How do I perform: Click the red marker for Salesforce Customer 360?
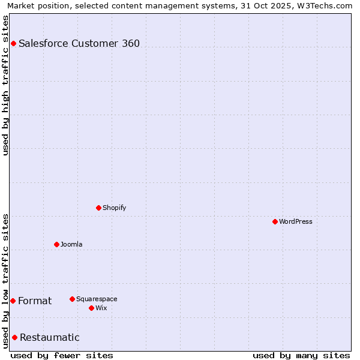tap(13, 43)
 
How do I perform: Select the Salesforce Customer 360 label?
tap(79, 43)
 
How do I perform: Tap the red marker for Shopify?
tap(98, 208)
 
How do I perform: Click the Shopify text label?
tap(114, 208)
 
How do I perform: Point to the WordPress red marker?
tap(275, 221)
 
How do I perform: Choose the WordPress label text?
tap(295, 221)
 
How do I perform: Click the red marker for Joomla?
tap(56, 244)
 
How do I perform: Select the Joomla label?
tap(71, 244)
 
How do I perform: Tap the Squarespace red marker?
tap(72, 299)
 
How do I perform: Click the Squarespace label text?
tap(97, 299)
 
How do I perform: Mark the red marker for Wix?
tap(91, 308)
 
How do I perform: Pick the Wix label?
tap(101, 308)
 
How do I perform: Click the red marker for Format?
tap(13, 301)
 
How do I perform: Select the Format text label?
tap(35, 301)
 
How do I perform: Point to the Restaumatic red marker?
tap(14, 337)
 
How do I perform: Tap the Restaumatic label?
tap(49, 337)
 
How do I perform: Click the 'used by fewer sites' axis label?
tap(62, 355)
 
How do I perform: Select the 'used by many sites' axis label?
tap(301, 355)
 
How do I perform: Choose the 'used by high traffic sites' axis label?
tap(6, 85)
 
